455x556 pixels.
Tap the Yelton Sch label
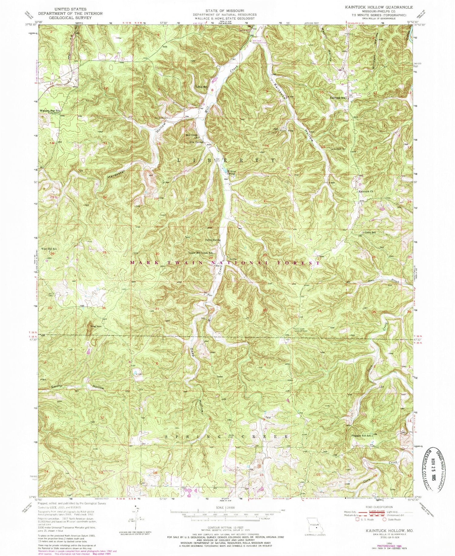point(201,87)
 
